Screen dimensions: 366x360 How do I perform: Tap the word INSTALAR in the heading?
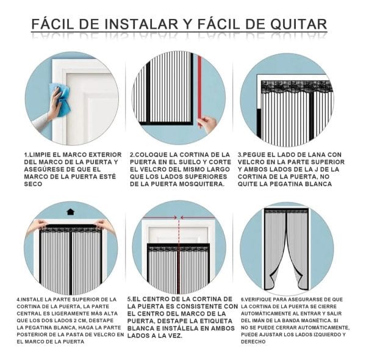tap(142, 24)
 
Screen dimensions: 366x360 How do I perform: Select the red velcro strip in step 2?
tap(199, 91)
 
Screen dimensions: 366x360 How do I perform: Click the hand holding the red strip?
tap(208, 124)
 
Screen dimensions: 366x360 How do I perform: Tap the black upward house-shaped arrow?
tap(71, 212)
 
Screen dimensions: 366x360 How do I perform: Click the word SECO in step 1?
tap(33, 184)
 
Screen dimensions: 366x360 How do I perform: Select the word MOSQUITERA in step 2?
tap(201, 184)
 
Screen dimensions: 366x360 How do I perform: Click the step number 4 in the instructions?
tap(18, 300)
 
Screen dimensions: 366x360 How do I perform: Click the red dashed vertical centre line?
tap(179, 254)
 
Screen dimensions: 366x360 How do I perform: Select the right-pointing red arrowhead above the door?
tap(174, 218)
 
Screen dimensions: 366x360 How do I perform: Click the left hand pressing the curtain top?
tap(37, 226)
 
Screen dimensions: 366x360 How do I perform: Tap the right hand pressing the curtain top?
tap(104, 225)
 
